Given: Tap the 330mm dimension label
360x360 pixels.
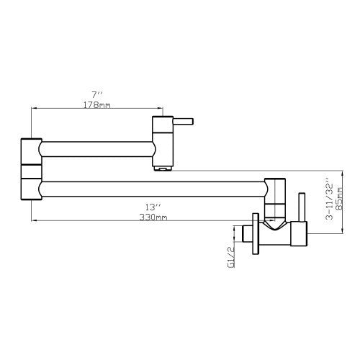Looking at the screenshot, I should (x=153, y=217).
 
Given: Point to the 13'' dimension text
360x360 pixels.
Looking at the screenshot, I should (x=153, y=207).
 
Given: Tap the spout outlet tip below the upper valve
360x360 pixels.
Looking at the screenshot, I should (x=163, y=168).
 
